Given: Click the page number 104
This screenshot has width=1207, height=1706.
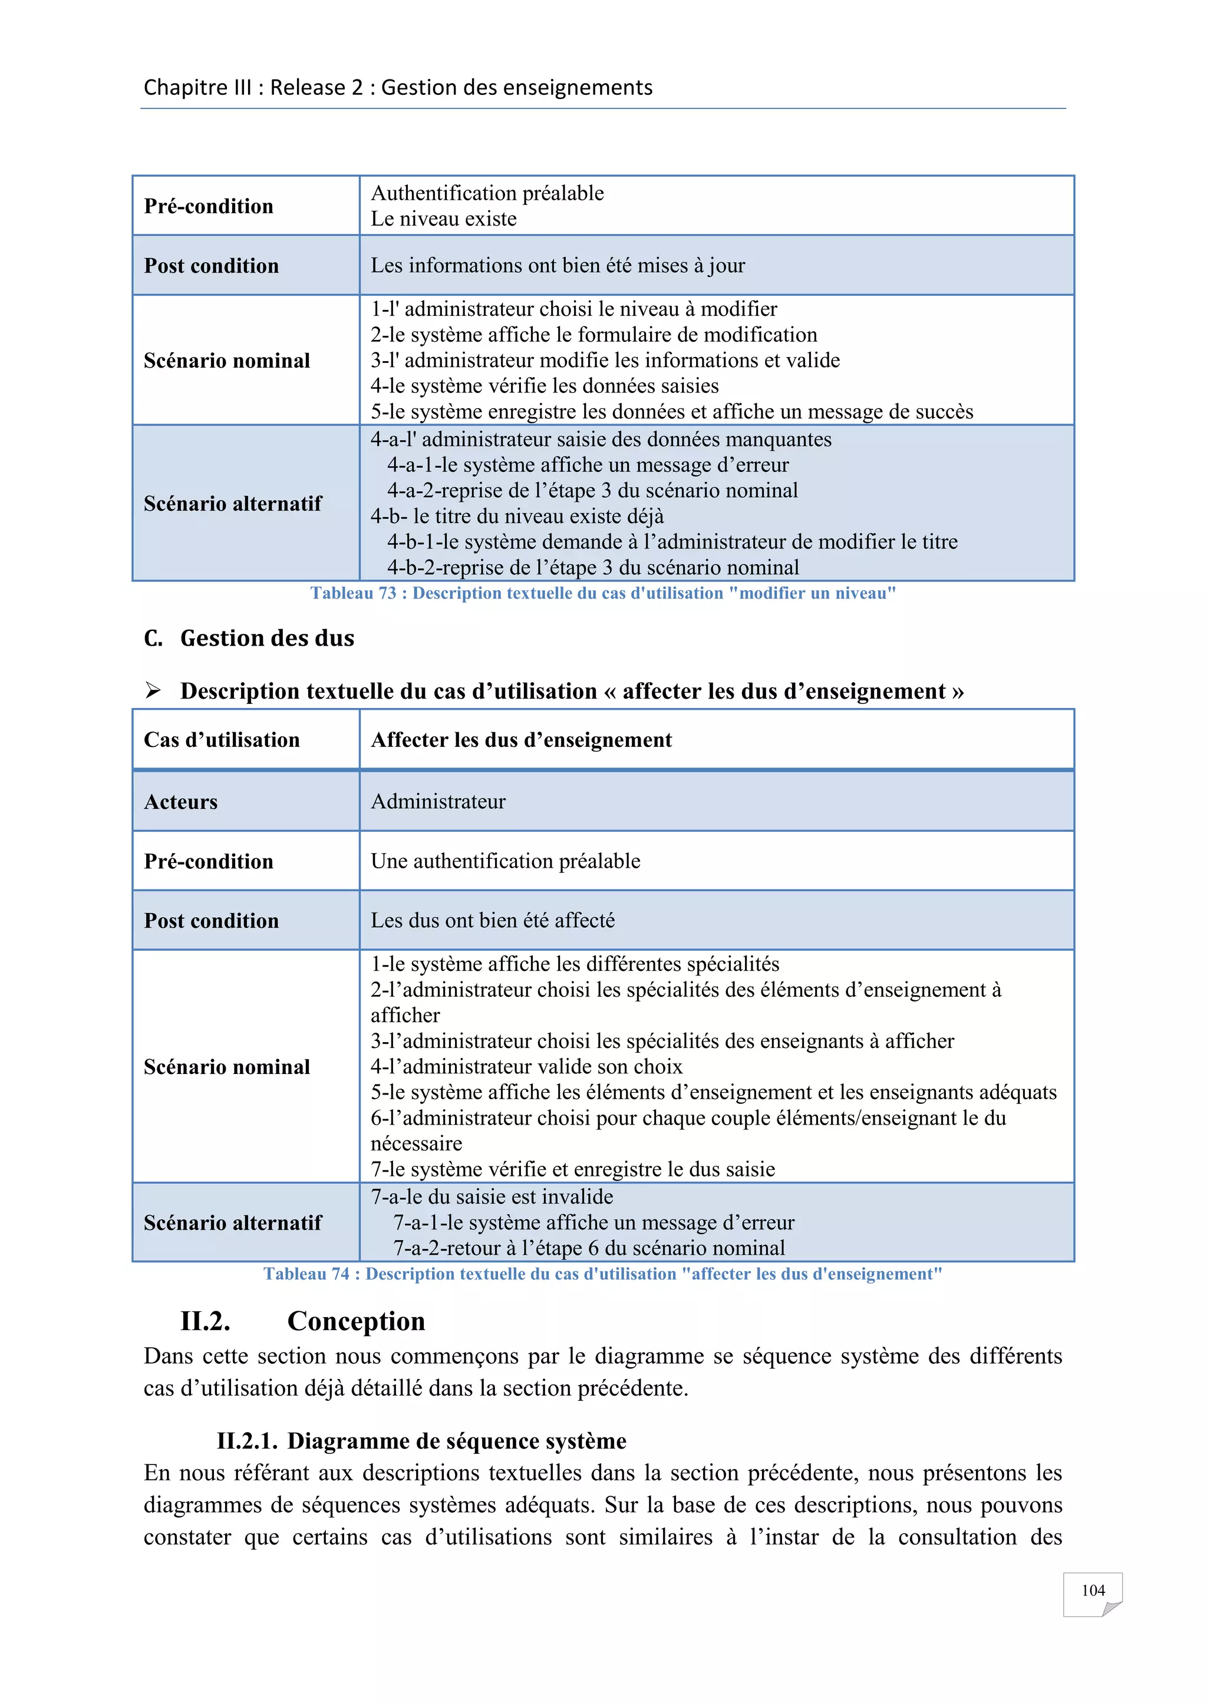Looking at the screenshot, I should pyautogui.click(x=1092, y=1590).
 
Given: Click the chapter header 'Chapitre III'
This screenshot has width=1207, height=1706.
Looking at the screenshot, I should pyautogui.click(x=197, y=88).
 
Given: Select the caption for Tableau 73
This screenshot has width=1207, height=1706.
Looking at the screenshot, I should pyautogui.click(x=603, y=593).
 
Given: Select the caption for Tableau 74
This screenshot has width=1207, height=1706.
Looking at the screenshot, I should pyautogui.click(x=603, y=1274).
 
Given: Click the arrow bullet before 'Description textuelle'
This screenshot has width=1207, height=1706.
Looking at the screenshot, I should pyautogui.click(x=153, y=691).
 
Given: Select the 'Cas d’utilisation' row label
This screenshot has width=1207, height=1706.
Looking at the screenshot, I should pyautogui.click(x=222, y=739).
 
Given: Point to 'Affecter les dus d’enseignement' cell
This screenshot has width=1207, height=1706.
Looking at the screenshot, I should pyautogui.click(x=521, y=739).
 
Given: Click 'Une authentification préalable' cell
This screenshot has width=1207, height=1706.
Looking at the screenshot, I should pyautogui.click(x=506, y=861).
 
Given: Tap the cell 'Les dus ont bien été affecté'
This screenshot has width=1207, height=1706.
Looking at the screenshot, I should pyautogui.click(x=493, y=920).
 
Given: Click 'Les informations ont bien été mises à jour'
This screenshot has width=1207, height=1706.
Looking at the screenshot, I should pyautogui.click(x=558, y=265).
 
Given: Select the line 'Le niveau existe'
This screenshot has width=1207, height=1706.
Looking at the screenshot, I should pyautogui.click(x=444, y=219).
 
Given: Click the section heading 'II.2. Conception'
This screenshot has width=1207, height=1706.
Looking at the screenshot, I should pyautogui.click(x=302, y=1320).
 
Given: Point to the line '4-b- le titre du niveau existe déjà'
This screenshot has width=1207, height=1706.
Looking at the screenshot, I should pyautogui.click(x=517, y=515).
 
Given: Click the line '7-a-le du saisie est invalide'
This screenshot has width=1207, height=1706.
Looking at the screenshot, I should pyautogui.click(x=492, y=1196).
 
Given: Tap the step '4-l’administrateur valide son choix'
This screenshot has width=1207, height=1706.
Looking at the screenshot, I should pyautogui.click(x=526, y=1066).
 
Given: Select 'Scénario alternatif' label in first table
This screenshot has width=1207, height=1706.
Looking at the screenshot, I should pyautogui.click(x=233, y=503).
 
